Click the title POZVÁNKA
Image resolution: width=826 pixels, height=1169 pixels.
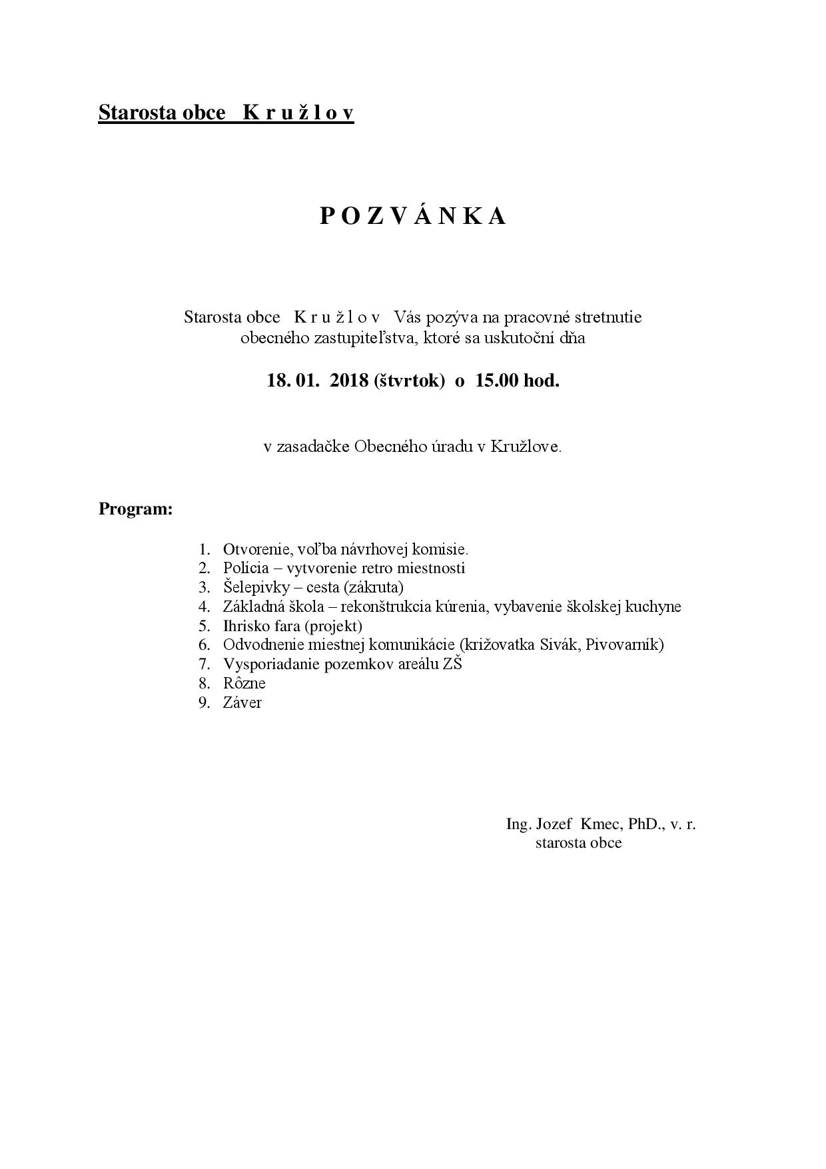coord(413,216)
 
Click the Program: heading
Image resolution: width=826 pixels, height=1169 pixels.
coord(136,509)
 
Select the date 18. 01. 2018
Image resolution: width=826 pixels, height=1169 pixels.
coord(318,381)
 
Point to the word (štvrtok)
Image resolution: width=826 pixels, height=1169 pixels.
coord(410,381)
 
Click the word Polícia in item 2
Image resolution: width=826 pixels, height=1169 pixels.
coord(246,569)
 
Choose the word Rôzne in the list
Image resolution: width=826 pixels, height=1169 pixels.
coord(244,683)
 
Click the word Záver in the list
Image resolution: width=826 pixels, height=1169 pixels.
coord(242,702)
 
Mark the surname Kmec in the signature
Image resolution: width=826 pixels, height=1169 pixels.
coord(601,824)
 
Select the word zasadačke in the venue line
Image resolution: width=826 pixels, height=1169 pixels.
coord(312,447)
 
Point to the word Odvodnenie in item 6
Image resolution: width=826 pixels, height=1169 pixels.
coord(263,644)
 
